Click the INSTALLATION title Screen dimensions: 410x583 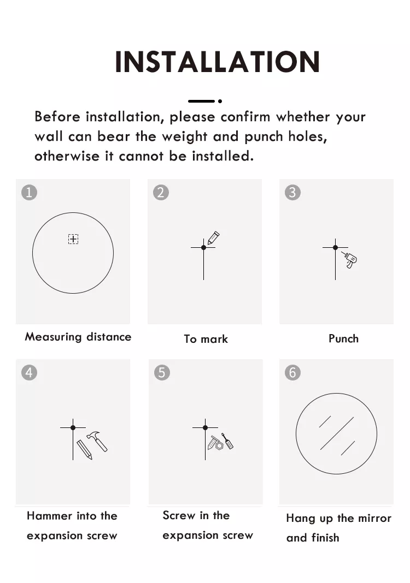pyautogui.click(x=218, y=61)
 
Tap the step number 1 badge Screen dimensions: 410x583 pyautogui.click(x=30, y=193)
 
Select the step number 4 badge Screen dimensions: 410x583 pyautogui.click(x=30, y=372)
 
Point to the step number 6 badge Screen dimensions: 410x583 pyautogui.click(x=292, y=372)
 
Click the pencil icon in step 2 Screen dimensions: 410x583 pyautogui.click(x=213, y=238)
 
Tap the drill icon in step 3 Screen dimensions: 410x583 pyautogui.click(x=349, y=259)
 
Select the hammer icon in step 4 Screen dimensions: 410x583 pyautogui.click(x=97, y=441)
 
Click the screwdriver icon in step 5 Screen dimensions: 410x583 pyautogui.click(x=227, y=441)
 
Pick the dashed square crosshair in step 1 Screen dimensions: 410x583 pyautogui.click(x=73, y=239)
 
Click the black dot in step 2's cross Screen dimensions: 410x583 pyautogui.click(x=204, y=248)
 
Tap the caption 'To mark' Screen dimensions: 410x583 pyautogui.click(x=206, y=339)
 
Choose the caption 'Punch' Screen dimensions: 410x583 pyautogui.click(x=344, y=338)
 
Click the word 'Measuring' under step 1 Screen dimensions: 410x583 pyautogui.click(x=53, y=337)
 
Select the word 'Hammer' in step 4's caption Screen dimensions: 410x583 pyautogui.click(x=50, y=516)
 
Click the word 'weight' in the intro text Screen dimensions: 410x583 pyautogui.click(x=185, y=137)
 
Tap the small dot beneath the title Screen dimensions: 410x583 pyautogui.click(x=220, y=101)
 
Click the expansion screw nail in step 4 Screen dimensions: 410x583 pyautogui.click(x=85, y=450)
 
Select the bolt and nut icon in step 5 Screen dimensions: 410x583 pyautogui.click(x=215, y=443)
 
